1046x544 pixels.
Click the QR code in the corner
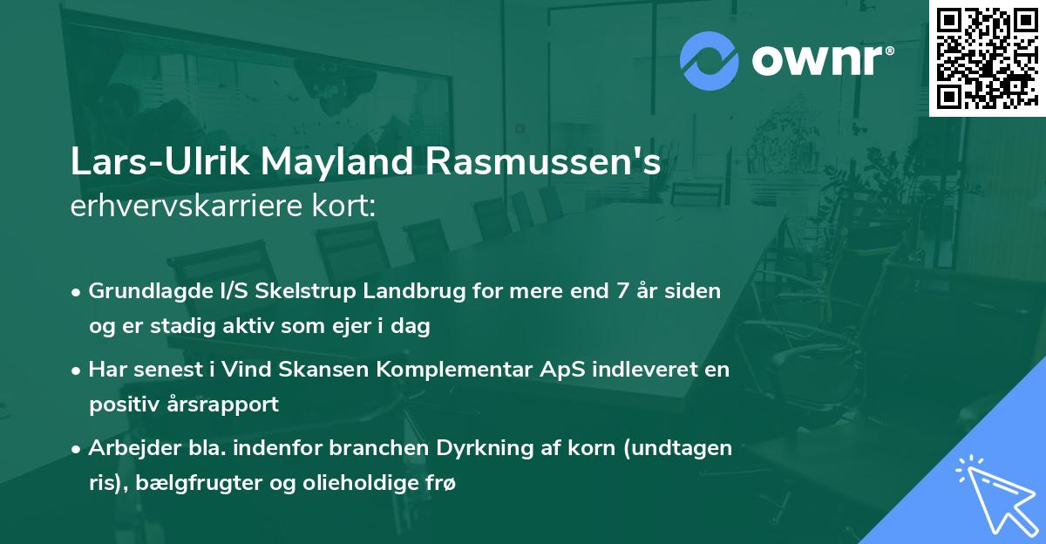click(x=987, y=58)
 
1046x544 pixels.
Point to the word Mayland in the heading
click(x=313, y=165)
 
